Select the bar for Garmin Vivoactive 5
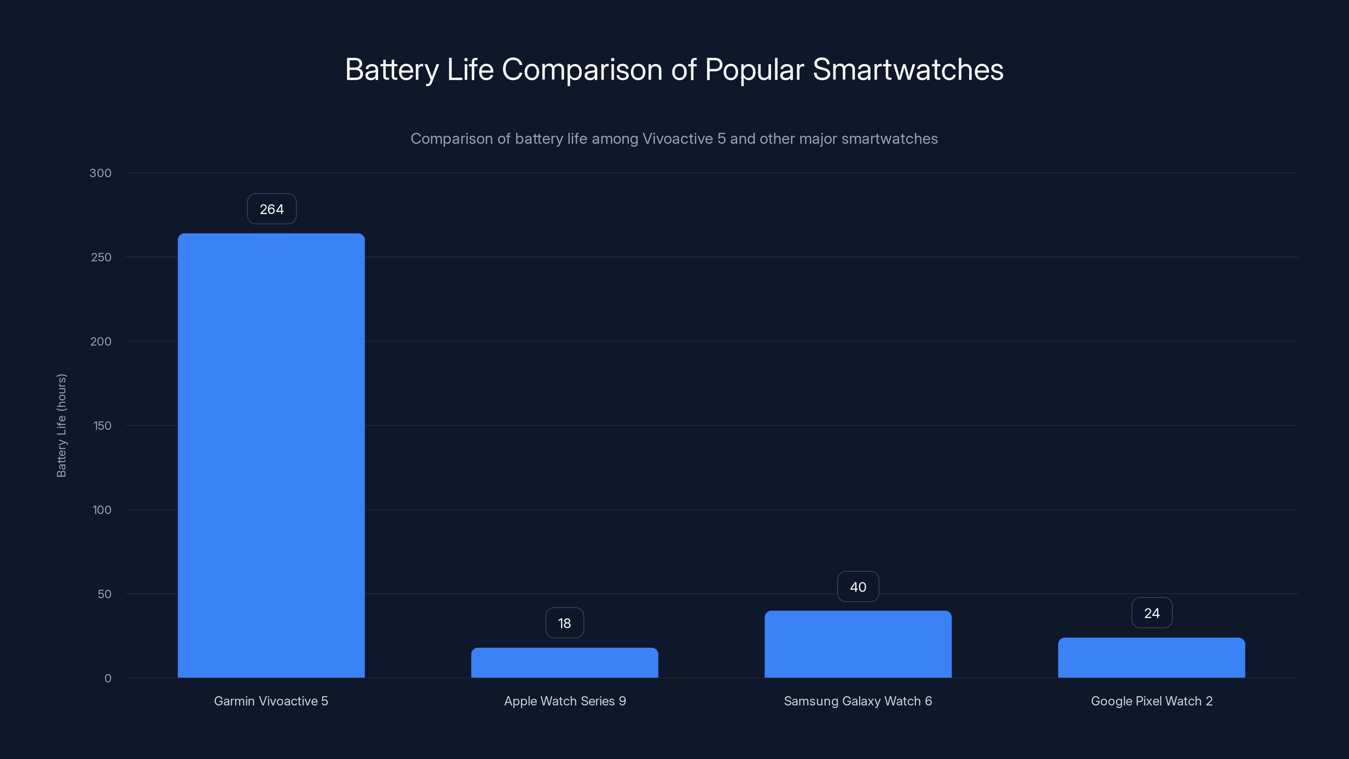271,455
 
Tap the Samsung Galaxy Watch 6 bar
858,644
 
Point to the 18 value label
564,623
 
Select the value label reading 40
858,587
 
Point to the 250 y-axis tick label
101,257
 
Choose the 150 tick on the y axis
102,426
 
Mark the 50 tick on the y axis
104,594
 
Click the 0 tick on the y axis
108,678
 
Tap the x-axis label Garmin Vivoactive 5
271,701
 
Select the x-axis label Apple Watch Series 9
564,701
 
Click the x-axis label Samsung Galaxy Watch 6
858,701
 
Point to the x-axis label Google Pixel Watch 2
1152,701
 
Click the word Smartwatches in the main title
908,70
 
